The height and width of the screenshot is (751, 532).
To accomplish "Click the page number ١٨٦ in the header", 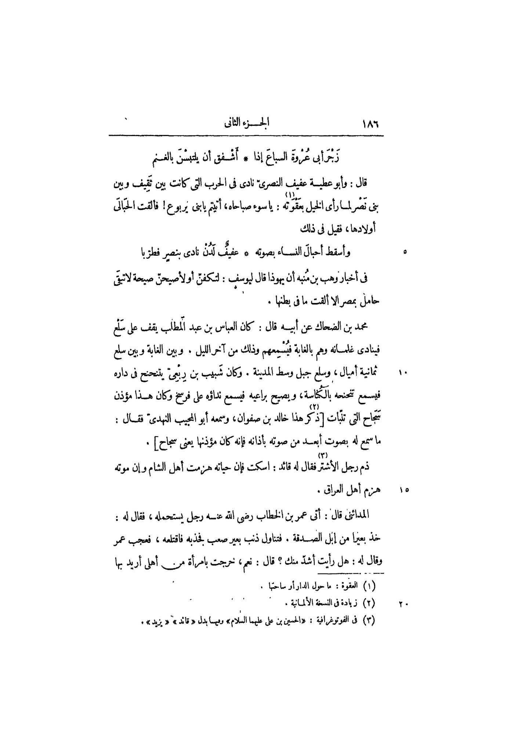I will pos(370,124).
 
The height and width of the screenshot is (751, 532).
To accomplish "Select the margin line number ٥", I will pos(405,252).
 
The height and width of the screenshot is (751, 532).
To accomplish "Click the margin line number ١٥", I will pos(404,490).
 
